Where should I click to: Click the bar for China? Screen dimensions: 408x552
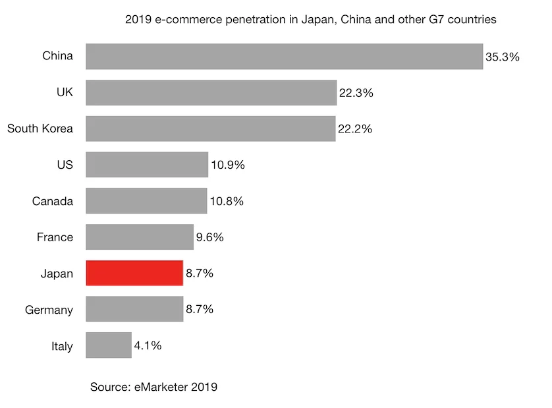(284, 57)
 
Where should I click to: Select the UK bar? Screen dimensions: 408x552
(211, 93)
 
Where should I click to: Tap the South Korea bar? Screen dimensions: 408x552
(210, 129)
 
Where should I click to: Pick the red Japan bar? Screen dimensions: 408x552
(134, 273)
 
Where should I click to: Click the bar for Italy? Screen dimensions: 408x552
(109, 345)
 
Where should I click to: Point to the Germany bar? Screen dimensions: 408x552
(134, 309)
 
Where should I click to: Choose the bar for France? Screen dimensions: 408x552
(140, 237)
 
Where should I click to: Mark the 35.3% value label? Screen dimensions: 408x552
(503, 57)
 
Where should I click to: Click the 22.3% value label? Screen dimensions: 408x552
(356, 94)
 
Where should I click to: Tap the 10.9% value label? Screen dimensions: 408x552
(228, 165)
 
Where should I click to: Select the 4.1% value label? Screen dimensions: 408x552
(148, 345)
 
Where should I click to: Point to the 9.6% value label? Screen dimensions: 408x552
(210, 237)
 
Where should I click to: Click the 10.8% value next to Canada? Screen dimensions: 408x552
(227, 201)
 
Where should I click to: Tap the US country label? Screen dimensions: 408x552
(65, 165)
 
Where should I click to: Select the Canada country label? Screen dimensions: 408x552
(53, 201)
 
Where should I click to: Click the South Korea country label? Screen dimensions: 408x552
(40, 129)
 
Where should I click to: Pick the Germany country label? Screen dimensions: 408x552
(49, 310)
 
